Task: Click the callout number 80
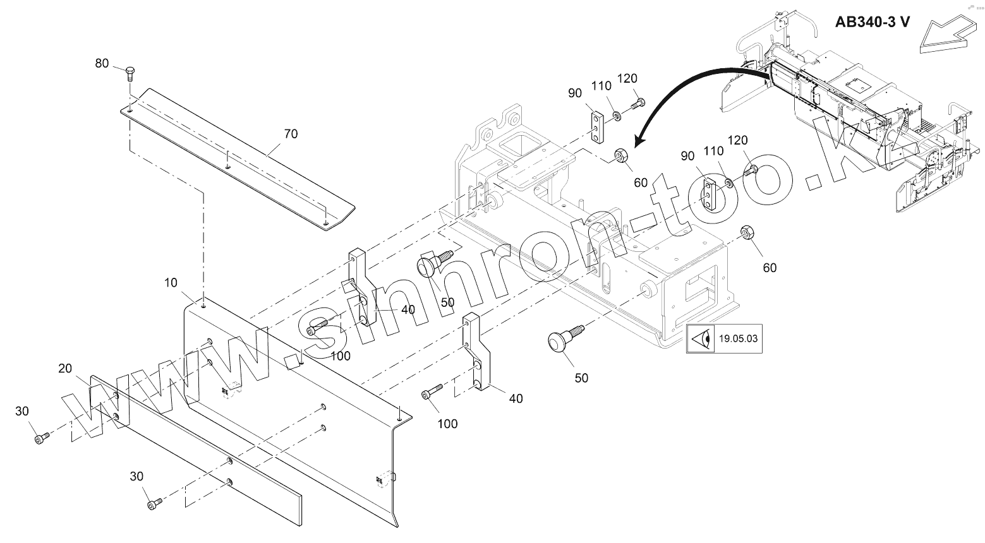[102, 63]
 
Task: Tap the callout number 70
[291, 134]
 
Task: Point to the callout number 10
[171, 282]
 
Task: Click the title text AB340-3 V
[873, 21]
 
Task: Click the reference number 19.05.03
[737, 338]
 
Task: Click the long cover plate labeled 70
[240, 158]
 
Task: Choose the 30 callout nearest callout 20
[22, 412]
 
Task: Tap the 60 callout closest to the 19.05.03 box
[769, 268]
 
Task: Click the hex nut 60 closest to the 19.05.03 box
[746, 233]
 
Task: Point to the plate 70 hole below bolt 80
[129, 109]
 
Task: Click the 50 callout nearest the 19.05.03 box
[581, 378]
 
